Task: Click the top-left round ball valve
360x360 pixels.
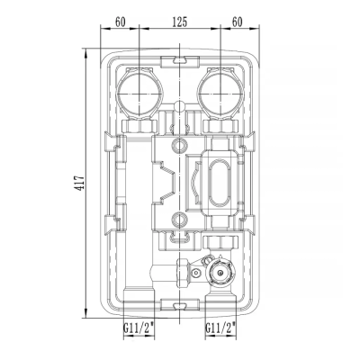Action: pyautogui.click(x=139, y=92)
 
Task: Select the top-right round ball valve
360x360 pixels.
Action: pyautogui.click(x=220, y=92)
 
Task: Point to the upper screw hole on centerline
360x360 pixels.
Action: pyautogui.click(x=180, y=145)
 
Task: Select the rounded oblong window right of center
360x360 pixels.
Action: pyautogui.click(x=216, y=183)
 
